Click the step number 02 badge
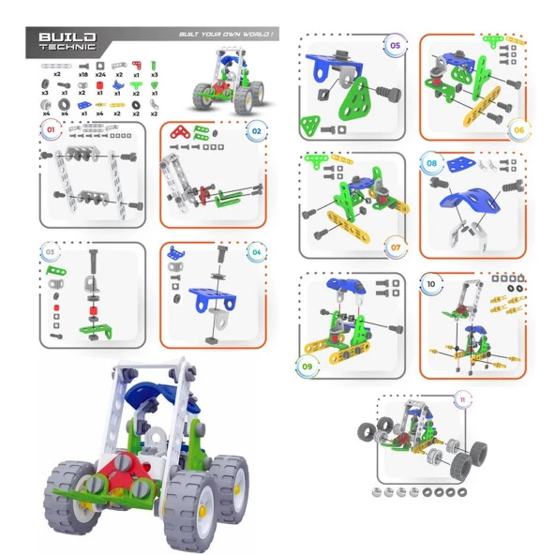click(x=256, y=132)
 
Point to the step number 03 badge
click(x=50, y=251)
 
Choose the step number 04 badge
click(x=256, y=251)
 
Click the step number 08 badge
click(x=431, y=163)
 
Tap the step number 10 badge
click(x=430, y=283)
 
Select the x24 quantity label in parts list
click(x=101, y=73)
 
